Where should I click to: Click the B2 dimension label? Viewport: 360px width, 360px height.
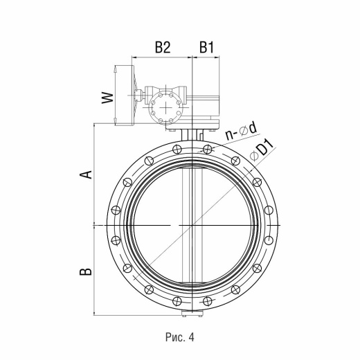pyautogui.click(x=163, y=47)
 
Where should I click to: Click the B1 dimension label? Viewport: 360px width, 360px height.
pyautogui.click(x=206, y=47)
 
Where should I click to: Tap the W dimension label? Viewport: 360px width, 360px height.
pyautogui.click(x=108, y=98)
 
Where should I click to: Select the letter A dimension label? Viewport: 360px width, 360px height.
pyautogui.click(x=86, y=174)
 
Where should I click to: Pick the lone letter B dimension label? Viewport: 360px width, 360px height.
pyautogui.click(x=86, y=271)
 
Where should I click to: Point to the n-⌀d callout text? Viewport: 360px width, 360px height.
pyautogui.click(x=241, y=132)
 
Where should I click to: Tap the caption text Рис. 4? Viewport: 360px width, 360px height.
pyautogui.click(x=180, y=337)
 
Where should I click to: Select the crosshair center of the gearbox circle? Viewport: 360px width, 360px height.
pyautogui.click(x=165, y=107)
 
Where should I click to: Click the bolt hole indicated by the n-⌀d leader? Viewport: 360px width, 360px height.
pyautogui.click(x=208, y=149)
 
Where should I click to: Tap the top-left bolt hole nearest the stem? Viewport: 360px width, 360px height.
pyautogui.click(x=177, y=149)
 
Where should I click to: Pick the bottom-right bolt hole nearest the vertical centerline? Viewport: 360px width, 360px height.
pyautogui.click(x=208, y=301)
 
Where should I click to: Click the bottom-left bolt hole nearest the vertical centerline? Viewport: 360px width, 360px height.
pyautogui.click(x=177, y=301)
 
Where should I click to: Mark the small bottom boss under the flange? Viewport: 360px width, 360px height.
pyautogui.click(x=192, y=314)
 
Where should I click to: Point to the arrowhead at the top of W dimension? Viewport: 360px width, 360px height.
pyautogui.click(x=115, y=68)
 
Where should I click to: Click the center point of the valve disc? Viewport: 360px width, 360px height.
pyautogui.click(x=192, y=225)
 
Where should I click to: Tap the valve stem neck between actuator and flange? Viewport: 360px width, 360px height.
pyautogui.click(x=192, y=135)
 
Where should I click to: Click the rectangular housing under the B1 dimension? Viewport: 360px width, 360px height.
pyautogui.click(x=203, y=107)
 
